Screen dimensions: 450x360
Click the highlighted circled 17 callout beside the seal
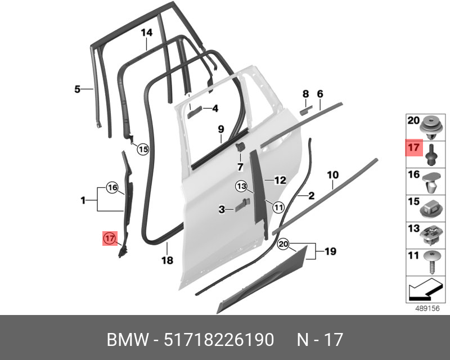tap(110, 238)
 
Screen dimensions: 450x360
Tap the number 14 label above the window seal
tap(146, 33)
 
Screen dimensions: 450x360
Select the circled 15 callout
tap(143, 149)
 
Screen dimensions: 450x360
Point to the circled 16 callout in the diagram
tap(112, 188)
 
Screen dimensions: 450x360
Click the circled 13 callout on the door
tap(242, 186)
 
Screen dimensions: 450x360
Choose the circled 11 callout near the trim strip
tap(278, 207)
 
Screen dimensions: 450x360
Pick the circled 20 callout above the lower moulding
tap(283, 244)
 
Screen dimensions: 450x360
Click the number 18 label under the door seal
tap(167, 260)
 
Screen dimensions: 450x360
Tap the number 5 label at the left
tap(77, 89)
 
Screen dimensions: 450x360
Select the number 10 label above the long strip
tap(333, 174)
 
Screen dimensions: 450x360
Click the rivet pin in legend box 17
tap(431, 155)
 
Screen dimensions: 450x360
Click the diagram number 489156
tap(427, 308)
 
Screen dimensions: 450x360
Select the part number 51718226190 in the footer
tap(219, 340)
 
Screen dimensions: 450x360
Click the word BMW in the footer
tap(128, 340)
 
